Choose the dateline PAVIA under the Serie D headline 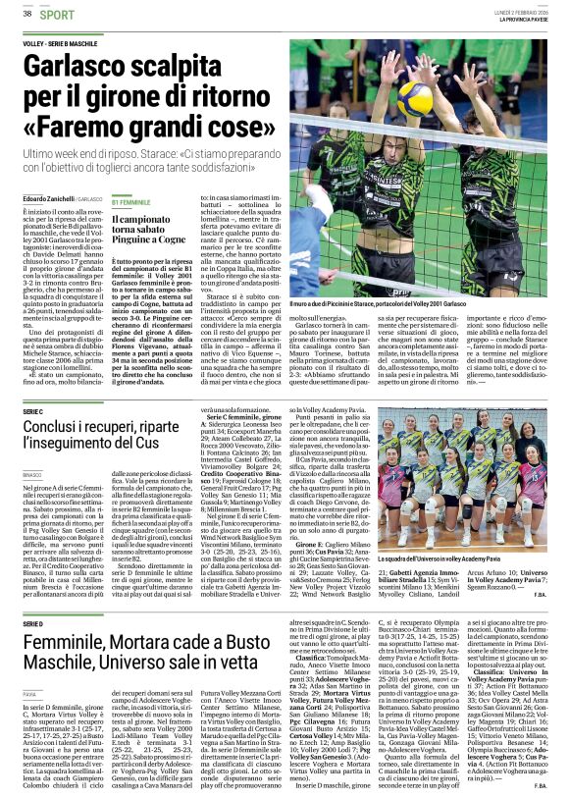pos(29,692)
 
